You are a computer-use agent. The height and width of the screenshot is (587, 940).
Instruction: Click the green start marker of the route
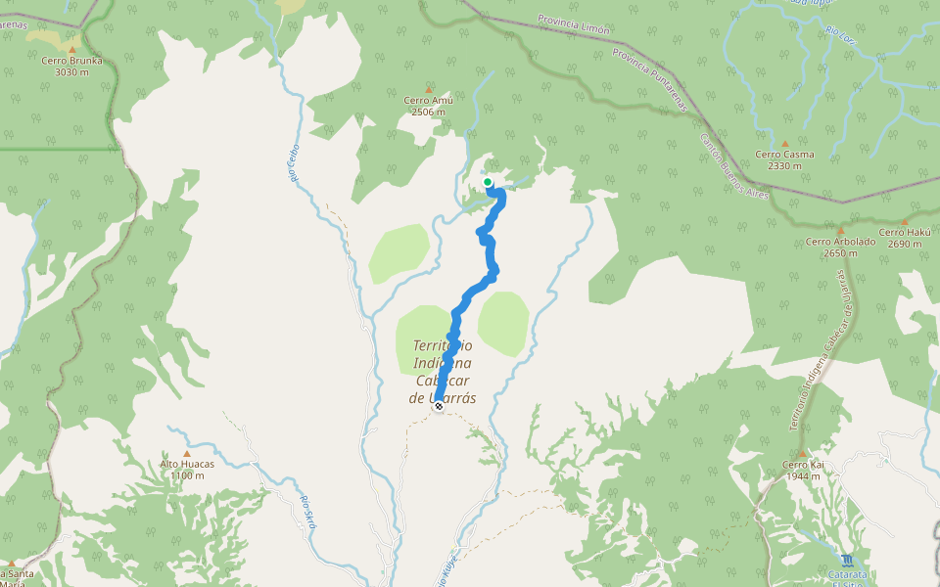[x=488, y=182]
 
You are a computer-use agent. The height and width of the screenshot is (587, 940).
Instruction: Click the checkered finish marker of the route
[x=439, y=406]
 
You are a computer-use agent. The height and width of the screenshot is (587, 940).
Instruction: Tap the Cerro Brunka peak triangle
[x=71, y=48]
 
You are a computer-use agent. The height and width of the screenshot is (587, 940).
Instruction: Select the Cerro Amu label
[x=428, y=100]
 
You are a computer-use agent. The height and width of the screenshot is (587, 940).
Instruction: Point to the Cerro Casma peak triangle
[x=784, y=143]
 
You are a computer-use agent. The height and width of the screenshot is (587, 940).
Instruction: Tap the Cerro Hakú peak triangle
[x=904, y=221]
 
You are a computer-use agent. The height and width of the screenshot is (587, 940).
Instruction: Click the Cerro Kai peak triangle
[x=802, y=453]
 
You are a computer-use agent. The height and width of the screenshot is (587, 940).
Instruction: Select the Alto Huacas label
[x=186, y=465]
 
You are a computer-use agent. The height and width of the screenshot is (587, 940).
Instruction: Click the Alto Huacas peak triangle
[x=186, y=453]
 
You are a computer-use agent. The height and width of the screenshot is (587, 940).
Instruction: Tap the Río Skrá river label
[x=308, y=513]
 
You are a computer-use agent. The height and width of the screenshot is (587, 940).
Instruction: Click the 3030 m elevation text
[x=71, y=72]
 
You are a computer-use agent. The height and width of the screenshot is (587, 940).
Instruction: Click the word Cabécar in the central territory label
[x=442, y=381]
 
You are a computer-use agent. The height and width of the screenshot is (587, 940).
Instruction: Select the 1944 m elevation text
[x=802, y=476]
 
